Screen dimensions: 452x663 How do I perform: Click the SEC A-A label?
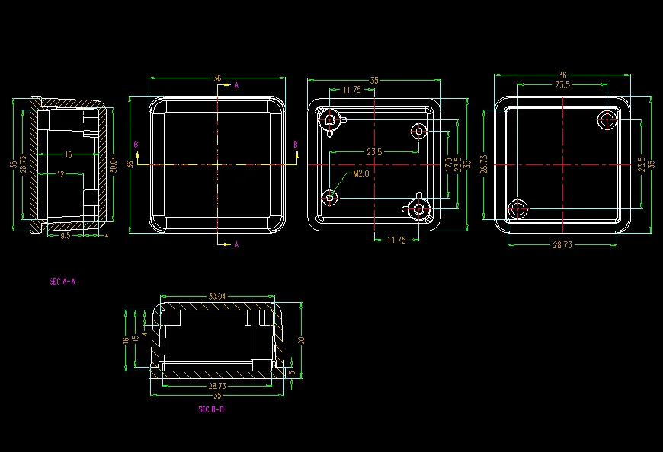62,281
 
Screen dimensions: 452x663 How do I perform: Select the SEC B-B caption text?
211,409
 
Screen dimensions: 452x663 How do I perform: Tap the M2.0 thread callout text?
360,173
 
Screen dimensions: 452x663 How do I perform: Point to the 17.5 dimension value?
448,164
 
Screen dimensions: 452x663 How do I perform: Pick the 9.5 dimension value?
66,236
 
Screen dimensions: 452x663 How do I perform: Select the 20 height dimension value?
301,340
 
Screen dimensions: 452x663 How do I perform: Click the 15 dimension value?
135,339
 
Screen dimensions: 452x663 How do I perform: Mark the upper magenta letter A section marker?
236,85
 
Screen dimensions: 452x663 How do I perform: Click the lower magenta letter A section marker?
236,244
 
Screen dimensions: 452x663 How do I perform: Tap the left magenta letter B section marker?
136,143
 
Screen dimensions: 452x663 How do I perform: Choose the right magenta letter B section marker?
296,143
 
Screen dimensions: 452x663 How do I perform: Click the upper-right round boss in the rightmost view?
607,120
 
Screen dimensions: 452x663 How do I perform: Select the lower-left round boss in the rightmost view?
518,209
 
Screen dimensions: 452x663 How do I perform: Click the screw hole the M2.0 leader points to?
330,198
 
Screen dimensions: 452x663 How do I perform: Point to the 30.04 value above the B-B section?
217,296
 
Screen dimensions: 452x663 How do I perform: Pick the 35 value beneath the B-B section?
217,396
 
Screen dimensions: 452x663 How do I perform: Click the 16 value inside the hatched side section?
68,154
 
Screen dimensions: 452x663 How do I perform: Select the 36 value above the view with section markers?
217,78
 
